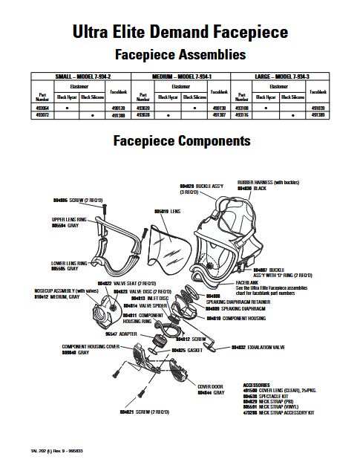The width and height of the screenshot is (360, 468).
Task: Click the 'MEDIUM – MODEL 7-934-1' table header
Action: click(x=180, y=77)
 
